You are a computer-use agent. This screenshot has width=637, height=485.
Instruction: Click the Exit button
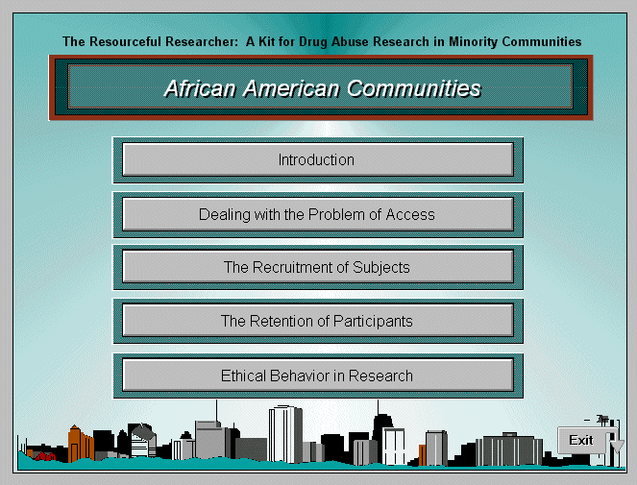[x=581, y=440]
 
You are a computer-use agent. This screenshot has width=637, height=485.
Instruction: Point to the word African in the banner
[x=200, y=88]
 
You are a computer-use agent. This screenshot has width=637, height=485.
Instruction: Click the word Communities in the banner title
[x=414, y=88]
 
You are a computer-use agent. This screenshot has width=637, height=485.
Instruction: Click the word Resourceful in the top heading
[x=125, y=41]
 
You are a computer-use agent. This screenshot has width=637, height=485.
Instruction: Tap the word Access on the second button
[x=410, y=214]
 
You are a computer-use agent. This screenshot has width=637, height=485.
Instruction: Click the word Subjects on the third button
[x=381, y=268]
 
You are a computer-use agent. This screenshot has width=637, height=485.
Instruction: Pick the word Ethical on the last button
[x=243, y=376]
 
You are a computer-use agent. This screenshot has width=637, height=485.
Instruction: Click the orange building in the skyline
[x=81, y=444]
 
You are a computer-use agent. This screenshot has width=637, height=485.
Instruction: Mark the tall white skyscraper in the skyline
[x=285, y=435]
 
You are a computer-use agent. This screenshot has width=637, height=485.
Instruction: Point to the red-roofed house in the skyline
[x=45, y=456]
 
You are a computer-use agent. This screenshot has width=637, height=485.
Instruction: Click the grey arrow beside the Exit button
[x=617, y=446]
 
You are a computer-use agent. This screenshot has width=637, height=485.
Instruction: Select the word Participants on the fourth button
[x=373, y=322]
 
